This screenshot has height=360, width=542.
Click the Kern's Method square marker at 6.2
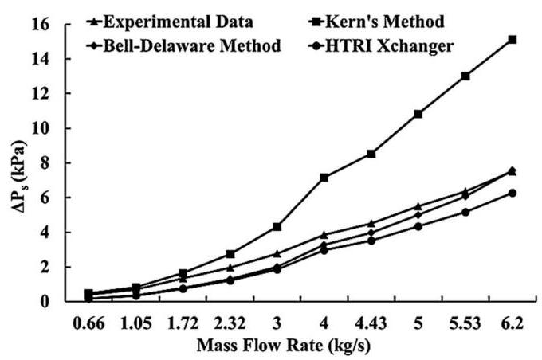513,39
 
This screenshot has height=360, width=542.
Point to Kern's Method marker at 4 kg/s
324,177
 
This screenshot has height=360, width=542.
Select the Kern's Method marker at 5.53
465,76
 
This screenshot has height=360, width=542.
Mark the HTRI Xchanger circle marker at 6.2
513,193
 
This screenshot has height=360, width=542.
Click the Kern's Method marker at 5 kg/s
418,114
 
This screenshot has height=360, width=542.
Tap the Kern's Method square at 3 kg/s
277,227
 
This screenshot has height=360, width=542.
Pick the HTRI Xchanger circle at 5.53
465,212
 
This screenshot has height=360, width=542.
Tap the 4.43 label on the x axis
371,325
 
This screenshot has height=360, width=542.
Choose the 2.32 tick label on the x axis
230,325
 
